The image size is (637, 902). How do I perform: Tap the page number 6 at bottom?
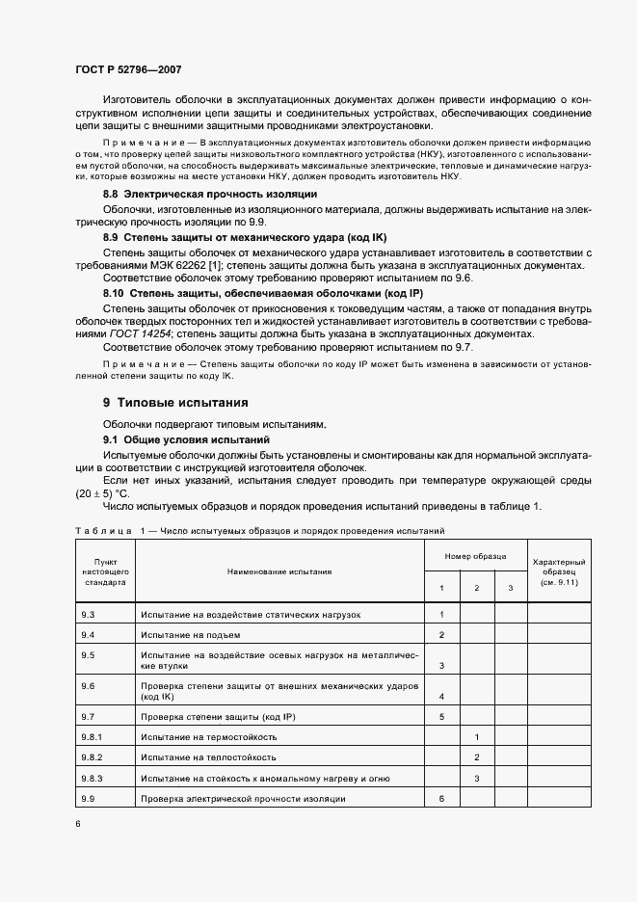77,824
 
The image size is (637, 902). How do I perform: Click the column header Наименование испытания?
279,571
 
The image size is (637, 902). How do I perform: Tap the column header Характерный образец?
559,571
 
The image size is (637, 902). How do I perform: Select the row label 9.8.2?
93,757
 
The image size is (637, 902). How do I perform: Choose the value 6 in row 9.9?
441,799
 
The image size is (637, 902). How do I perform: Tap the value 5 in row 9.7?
441,716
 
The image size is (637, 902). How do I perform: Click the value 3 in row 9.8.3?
477,778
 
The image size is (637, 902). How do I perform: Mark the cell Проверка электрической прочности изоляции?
243,799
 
